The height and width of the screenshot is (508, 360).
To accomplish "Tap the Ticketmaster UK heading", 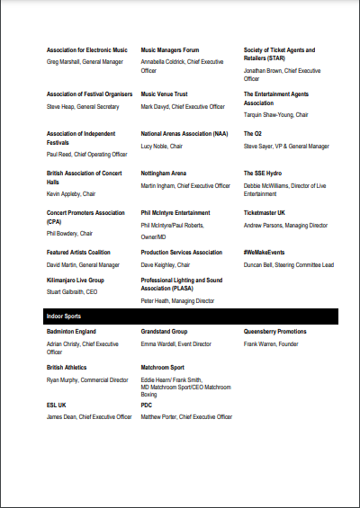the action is point(265,213).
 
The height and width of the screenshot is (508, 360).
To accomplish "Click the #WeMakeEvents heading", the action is point(264,253).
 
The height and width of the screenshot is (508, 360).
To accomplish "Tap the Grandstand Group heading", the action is point(164,332).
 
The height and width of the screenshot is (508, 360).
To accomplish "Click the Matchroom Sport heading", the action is point(163,368).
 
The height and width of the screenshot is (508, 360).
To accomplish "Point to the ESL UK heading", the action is point(57,406).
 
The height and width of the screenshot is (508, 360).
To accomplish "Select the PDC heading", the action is point(147,406).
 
